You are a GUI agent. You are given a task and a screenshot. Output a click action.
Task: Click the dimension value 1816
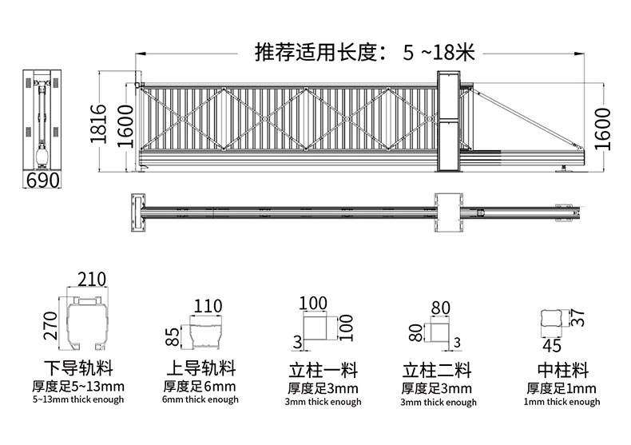click(97, 123)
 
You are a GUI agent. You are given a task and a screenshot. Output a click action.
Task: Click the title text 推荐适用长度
click(319, 53)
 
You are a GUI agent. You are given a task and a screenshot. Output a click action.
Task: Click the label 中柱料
click(562, 370)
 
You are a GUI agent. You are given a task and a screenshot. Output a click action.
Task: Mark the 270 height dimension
click(51, 325)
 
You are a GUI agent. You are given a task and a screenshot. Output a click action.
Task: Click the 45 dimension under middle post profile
click(552, 345)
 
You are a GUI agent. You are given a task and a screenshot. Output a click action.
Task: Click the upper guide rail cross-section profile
click(207, 332)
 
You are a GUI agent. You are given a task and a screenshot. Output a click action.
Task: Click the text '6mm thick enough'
click(200, 399)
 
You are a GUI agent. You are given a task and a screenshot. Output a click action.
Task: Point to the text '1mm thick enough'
click(562, 402)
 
